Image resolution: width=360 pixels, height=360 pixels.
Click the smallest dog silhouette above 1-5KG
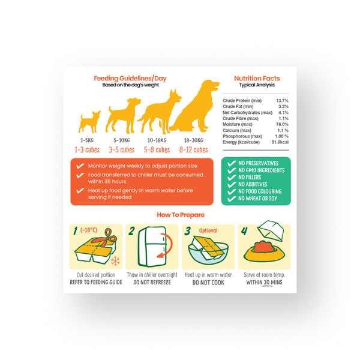(89, 122)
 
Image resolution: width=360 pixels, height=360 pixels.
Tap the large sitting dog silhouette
(194, 107)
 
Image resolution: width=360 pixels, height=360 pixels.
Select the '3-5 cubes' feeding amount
(122, 150)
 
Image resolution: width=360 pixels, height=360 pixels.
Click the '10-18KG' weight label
(157, 140)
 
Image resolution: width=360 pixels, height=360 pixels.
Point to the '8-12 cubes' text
(194, 150)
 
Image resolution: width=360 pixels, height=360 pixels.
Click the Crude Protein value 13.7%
(282, 101)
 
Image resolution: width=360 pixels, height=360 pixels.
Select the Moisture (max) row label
(238, 124)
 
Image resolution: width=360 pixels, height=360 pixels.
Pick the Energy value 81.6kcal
(280, 142)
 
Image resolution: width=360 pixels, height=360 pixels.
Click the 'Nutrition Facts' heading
(257, 78)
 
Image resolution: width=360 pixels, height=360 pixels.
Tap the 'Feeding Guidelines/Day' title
(130, 78)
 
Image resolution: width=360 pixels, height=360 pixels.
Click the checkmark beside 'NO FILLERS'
(232, 178)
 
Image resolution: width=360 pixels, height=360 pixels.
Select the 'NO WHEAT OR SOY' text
(257, 199)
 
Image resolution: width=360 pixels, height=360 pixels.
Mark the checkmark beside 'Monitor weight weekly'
(80, 166)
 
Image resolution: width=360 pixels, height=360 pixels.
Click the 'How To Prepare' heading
(181, 215)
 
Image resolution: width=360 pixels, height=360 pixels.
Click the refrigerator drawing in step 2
(152, 247)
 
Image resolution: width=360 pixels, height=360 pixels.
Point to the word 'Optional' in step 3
(208, 230)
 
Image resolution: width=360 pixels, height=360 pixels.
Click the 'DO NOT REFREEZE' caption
(152, 283)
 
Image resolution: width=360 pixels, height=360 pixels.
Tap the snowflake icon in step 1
(115, 261)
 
